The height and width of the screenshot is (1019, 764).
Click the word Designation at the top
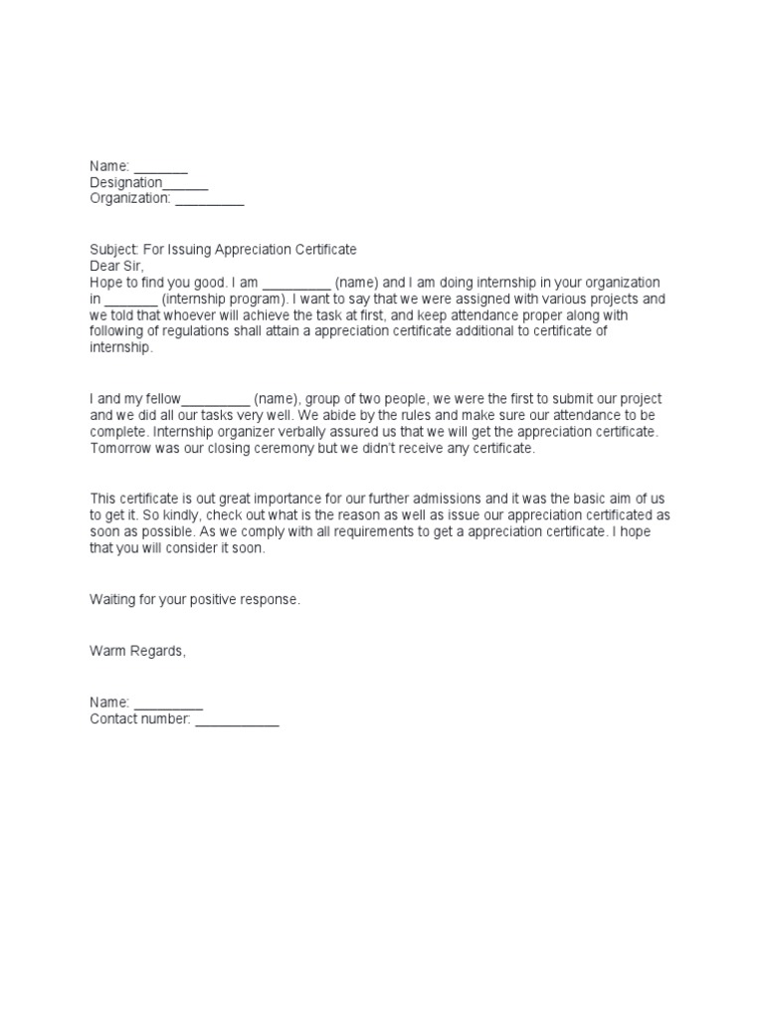pos(125,183)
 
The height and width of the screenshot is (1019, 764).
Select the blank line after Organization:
pos(209,199)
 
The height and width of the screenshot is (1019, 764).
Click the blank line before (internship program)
pos(130,299)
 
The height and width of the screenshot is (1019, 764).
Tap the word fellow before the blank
pos(162,398)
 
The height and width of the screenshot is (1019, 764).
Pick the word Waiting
pos(115,600)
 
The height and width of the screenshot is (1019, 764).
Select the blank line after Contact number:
pos(237,719)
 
